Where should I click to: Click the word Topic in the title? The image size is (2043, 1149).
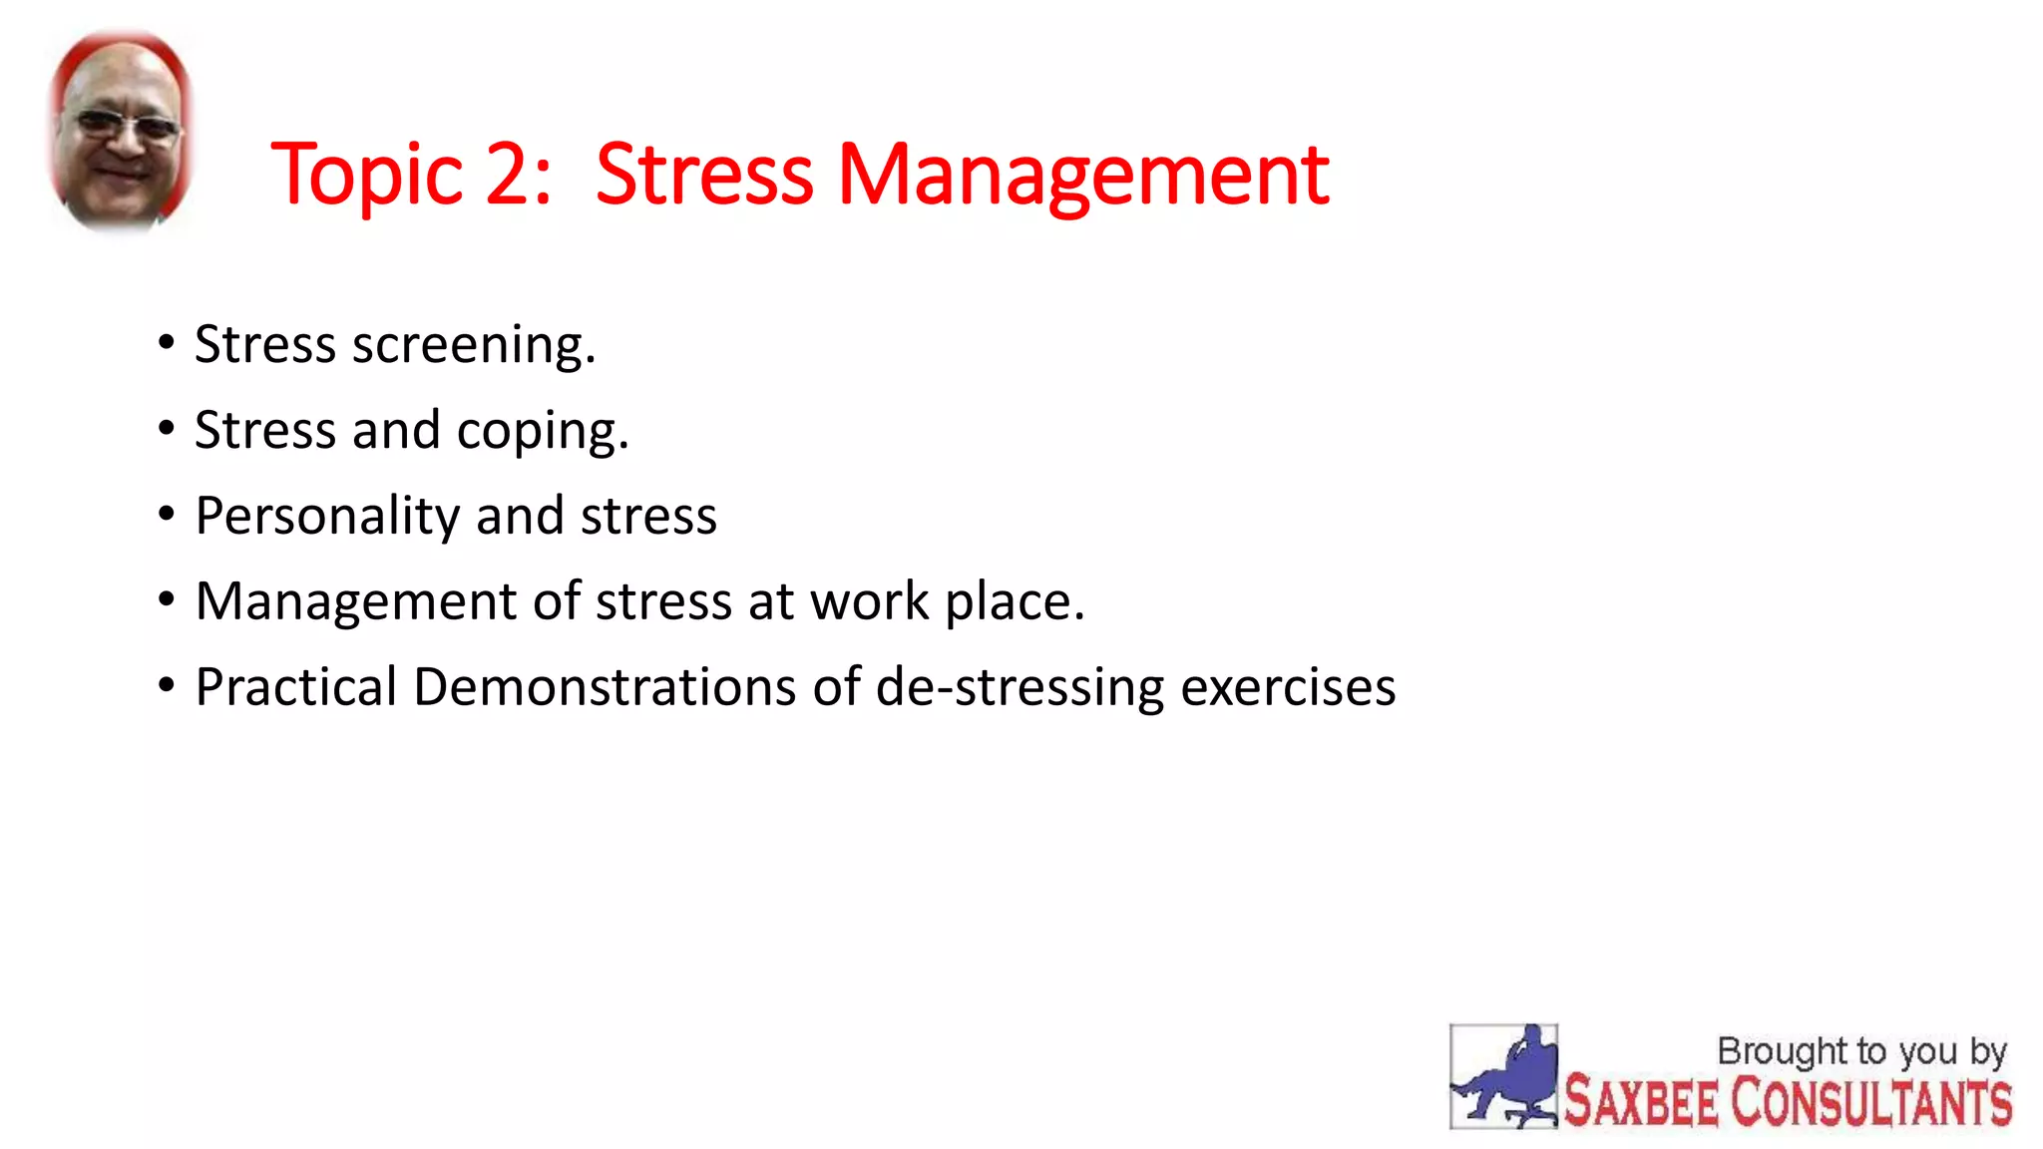[366, 177]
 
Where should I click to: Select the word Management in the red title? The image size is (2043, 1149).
[1082, 177]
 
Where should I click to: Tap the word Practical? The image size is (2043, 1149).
[296, 687]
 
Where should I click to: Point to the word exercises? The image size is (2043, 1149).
[1288, 687]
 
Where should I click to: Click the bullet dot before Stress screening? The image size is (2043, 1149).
[167, 343]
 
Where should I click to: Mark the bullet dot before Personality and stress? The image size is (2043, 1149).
[167, 515]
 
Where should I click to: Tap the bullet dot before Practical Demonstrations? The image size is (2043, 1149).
[167, 686]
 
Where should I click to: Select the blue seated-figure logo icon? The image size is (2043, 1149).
[1503, 1076]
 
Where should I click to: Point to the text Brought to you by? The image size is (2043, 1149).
[1861, 1051]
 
